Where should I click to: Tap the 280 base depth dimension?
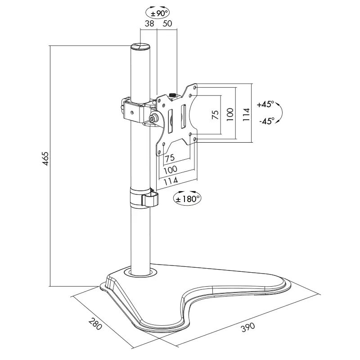click(x=95, y=324)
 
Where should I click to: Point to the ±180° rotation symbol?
click(x=187, y=198)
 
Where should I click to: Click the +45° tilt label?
click(x=265, y=104)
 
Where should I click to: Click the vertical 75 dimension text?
click(x=215, y=115)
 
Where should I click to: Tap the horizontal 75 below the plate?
click(x=170, y=158)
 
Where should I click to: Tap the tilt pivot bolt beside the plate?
click(x=154, y=118)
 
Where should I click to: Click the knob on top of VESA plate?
click(x=174, y=95)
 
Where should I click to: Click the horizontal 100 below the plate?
click(x=170, y=169)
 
